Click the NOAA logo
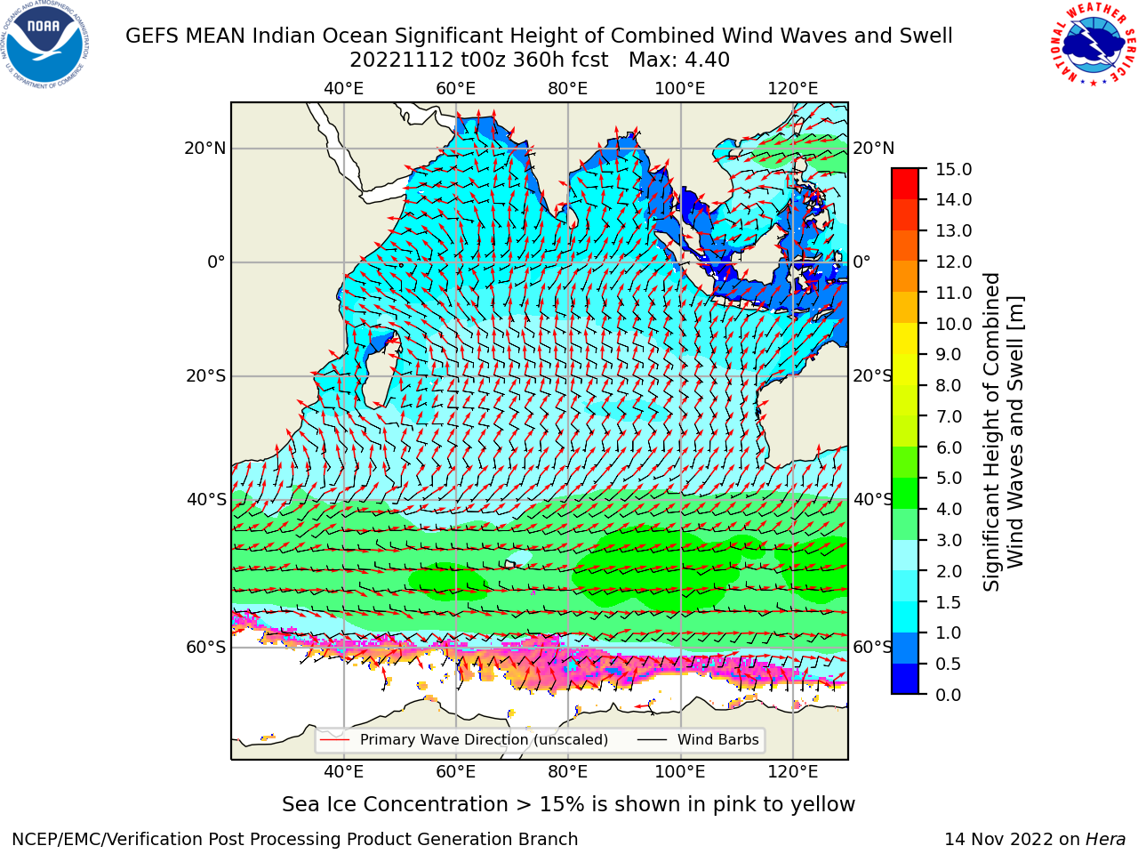pos(45,45)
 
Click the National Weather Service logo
pos(1092,44)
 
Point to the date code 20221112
pos(401,60)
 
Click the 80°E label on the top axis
pos(568,89)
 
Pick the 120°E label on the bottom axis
pos(793,772)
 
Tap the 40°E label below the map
pos(344,772)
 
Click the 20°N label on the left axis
pos(205,149)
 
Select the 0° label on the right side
pos(862,262)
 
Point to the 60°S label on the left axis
pos(206,647)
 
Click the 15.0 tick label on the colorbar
pos(953,169)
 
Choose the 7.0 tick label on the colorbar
pos(949,416)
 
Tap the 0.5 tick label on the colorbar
pos(949,664)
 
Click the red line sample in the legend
pos(334,740)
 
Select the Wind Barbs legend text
pos(718,740)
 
